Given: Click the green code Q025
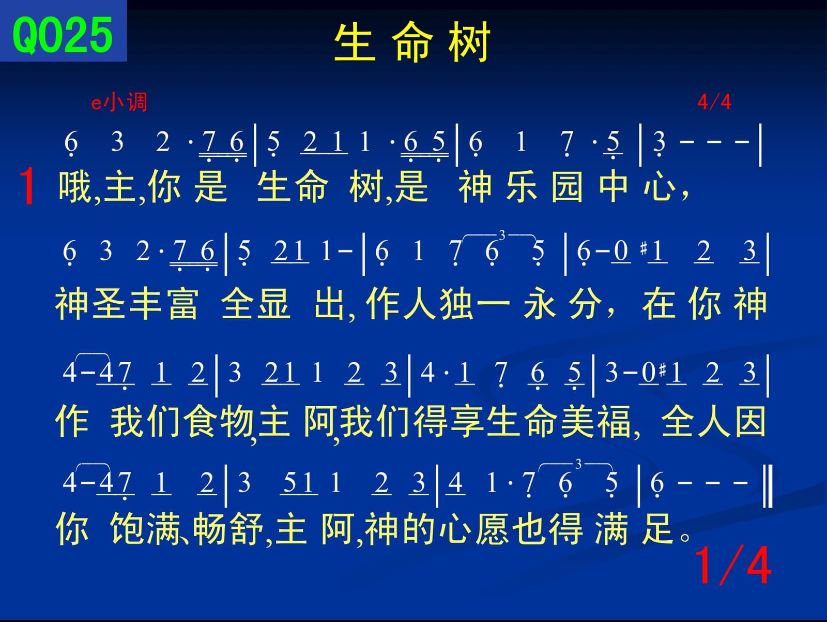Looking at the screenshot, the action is pyautogui.click(x=63, y=36).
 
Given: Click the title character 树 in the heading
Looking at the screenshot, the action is pyautogui.click(x=469, y=41).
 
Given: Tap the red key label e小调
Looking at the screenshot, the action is pyautogui.click(x=119, y=102).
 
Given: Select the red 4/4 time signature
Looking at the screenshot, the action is pyautogui.click(x=714, y=102).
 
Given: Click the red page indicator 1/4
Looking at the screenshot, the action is pyautogui.click(x=732, y=566).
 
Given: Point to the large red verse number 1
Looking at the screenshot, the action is pyautogui.click(x=27, y=186).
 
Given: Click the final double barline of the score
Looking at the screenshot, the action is pyautogui.click(x=768, y=486).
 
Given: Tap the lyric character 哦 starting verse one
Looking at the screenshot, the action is pyautogui.click(x=75, y=187).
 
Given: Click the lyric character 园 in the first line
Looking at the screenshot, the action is pyautogui.click(x=567, y=187).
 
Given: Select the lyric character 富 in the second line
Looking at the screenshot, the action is pyautogui.click(x=183, y=304).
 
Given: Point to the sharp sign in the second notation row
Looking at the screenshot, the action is pyautogui.click(x=644, y=248).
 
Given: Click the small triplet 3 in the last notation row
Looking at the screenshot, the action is pyautogui.click(x=578, y=464).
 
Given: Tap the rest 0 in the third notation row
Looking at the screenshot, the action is pyautogui.click(x=648, y=372).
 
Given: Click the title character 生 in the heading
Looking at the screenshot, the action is pyautogui.click(x=355, y=41).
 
